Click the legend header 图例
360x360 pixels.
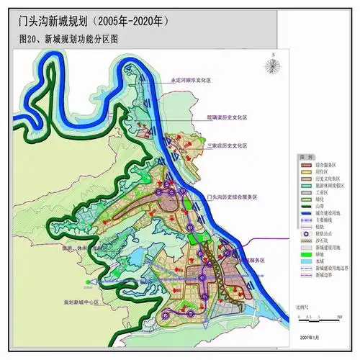pyautogui.click(x=305, y=156)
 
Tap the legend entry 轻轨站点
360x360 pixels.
pyautogui.click(x=326, y=235)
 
